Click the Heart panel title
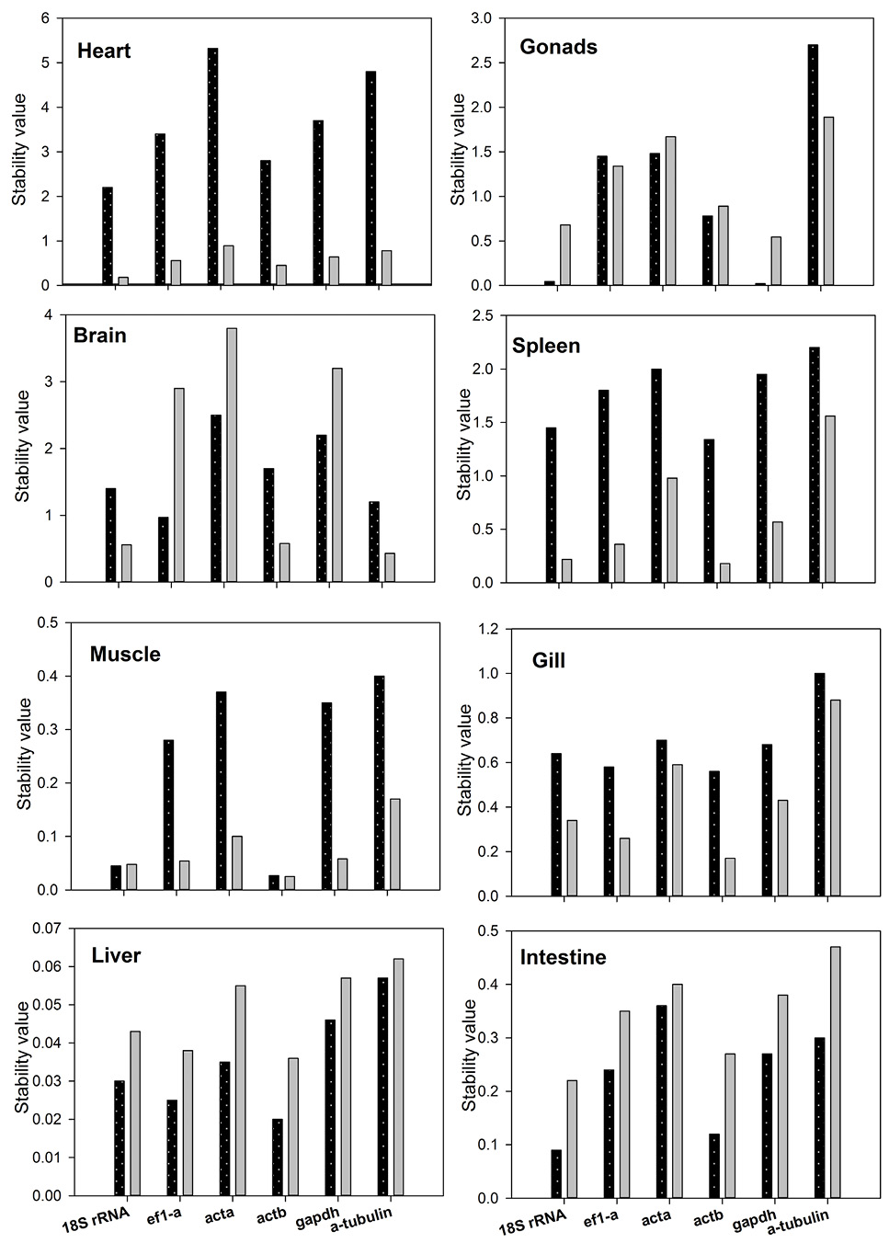point(104,51)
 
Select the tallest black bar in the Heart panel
point(212,166)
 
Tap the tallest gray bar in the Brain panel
point(232,455)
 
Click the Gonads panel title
point(558,47)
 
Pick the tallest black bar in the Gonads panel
point(813,165)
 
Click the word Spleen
point(546,346)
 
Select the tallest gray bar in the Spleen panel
point(830,499)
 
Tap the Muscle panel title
point(125,655)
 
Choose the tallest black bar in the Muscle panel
point(379,783)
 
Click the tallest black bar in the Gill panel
point(820,784)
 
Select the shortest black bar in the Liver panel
point(278,1157)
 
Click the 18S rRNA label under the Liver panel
point(96,1215)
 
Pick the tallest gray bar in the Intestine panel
point(836,1072)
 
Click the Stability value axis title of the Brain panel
point(22,446)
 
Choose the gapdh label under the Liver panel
point(317,1213)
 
